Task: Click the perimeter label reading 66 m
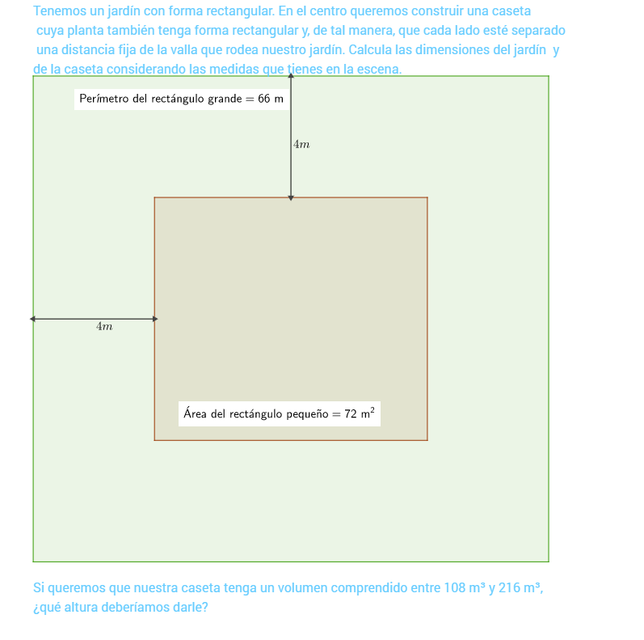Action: tap(182, 100)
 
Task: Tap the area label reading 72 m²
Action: tap(280, 413)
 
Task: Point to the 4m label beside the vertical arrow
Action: tap(301, 144)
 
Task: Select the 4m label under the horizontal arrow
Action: tap(104, 326)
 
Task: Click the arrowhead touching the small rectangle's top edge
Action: tap(291, 196)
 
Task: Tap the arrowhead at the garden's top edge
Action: tap(291, 78)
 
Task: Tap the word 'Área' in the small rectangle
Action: tap(195, 413)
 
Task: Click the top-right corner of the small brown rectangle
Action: tap(427, 197)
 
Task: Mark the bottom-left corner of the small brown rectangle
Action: tap(154, 440)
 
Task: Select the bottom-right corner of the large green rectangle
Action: tap(549, 561)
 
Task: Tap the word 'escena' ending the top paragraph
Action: tap(380, 70)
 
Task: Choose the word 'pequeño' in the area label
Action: tap(308, 414)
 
